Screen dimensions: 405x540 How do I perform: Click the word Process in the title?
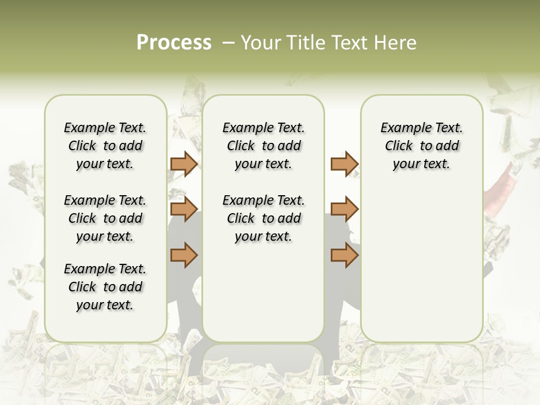pos(174,43)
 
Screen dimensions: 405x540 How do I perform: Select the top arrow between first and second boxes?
pos(184,164)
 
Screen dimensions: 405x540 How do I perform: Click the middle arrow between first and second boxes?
pos(184,210)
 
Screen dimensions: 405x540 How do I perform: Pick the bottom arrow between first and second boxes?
pos(184,255)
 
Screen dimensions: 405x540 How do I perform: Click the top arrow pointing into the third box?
pos(344,164)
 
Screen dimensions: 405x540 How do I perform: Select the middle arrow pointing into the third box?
pos(344,210)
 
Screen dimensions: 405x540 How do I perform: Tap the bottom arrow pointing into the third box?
pos(344,255)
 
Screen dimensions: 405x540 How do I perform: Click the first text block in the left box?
pos(105,146)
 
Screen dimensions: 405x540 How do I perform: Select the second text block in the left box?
pos(105,218)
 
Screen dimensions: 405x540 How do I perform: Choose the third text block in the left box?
pos(105,287)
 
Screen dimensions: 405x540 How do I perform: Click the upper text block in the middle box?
pos(263,146)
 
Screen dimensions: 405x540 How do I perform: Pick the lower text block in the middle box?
pos(263,218)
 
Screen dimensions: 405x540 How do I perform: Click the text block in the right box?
pos(422,146)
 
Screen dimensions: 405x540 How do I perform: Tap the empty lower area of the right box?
pos(422,270)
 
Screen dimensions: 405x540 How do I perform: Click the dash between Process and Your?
pos(228,43)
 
